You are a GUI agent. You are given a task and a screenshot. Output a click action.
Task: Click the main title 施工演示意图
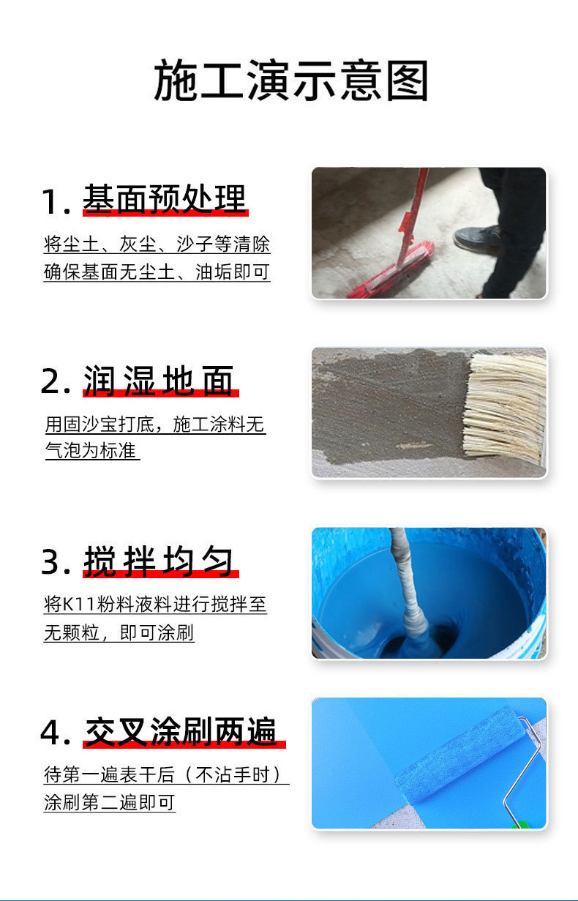pyautogui.click(x=291, y=80)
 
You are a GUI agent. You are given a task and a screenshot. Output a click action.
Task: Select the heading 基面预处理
pyautogui.click(x=165, y=198)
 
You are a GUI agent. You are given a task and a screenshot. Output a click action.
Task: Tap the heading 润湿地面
pyautogui.click(x=158, y=381)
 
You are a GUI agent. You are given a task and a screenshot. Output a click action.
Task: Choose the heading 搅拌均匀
pyautogui.click(x=158, y=561)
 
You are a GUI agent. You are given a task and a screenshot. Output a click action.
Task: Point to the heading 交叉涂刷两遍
pyautogui.click(x=181, y=731)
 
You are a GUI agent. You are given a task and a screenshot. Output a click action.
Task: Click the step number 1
pyautogui.click(x=51, y=202)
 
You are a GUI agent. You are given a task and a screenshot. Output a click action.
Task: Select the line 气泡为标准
pyautogui.click(x=91, y=450)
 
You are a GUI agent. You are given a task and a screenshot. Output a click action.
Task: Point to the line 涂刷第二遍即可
pyautogui.click(x=109, y=802)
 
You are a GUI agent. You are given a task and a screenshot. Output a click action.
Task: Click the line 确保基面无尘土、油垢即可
pyautogui.click(x=157, y=272)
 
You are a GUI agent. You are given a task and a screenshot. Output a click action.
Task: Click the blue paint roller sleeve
pyautogui.click(x=459, y=753)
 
